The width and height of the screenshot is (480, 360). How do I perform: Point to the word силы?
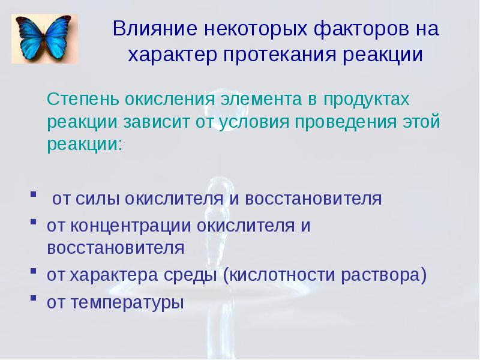pyautogui.click(x=91, y=199)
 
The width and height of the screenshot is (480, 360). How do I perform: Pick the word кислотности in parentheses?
pyautogui.click(x=277, y=275)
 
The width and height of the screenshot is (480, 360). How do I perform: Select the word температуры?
pyautogui.click(x=127, y=302)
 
